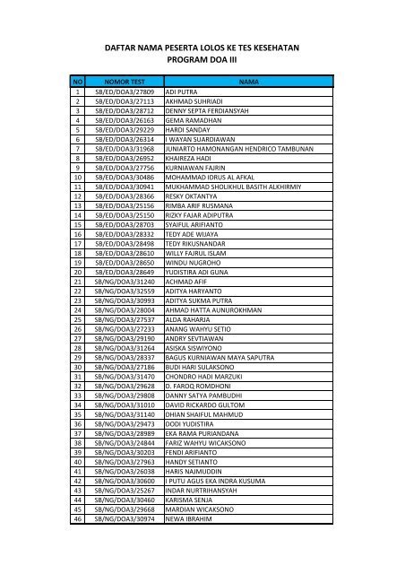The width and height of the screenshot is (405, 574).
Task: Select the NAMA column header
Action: tap(247, 82)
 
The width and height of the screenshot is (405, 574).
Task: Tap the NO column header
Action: tap(79, 82)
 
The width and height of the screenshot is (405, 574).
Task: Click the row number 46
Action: tap(79, 545)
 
